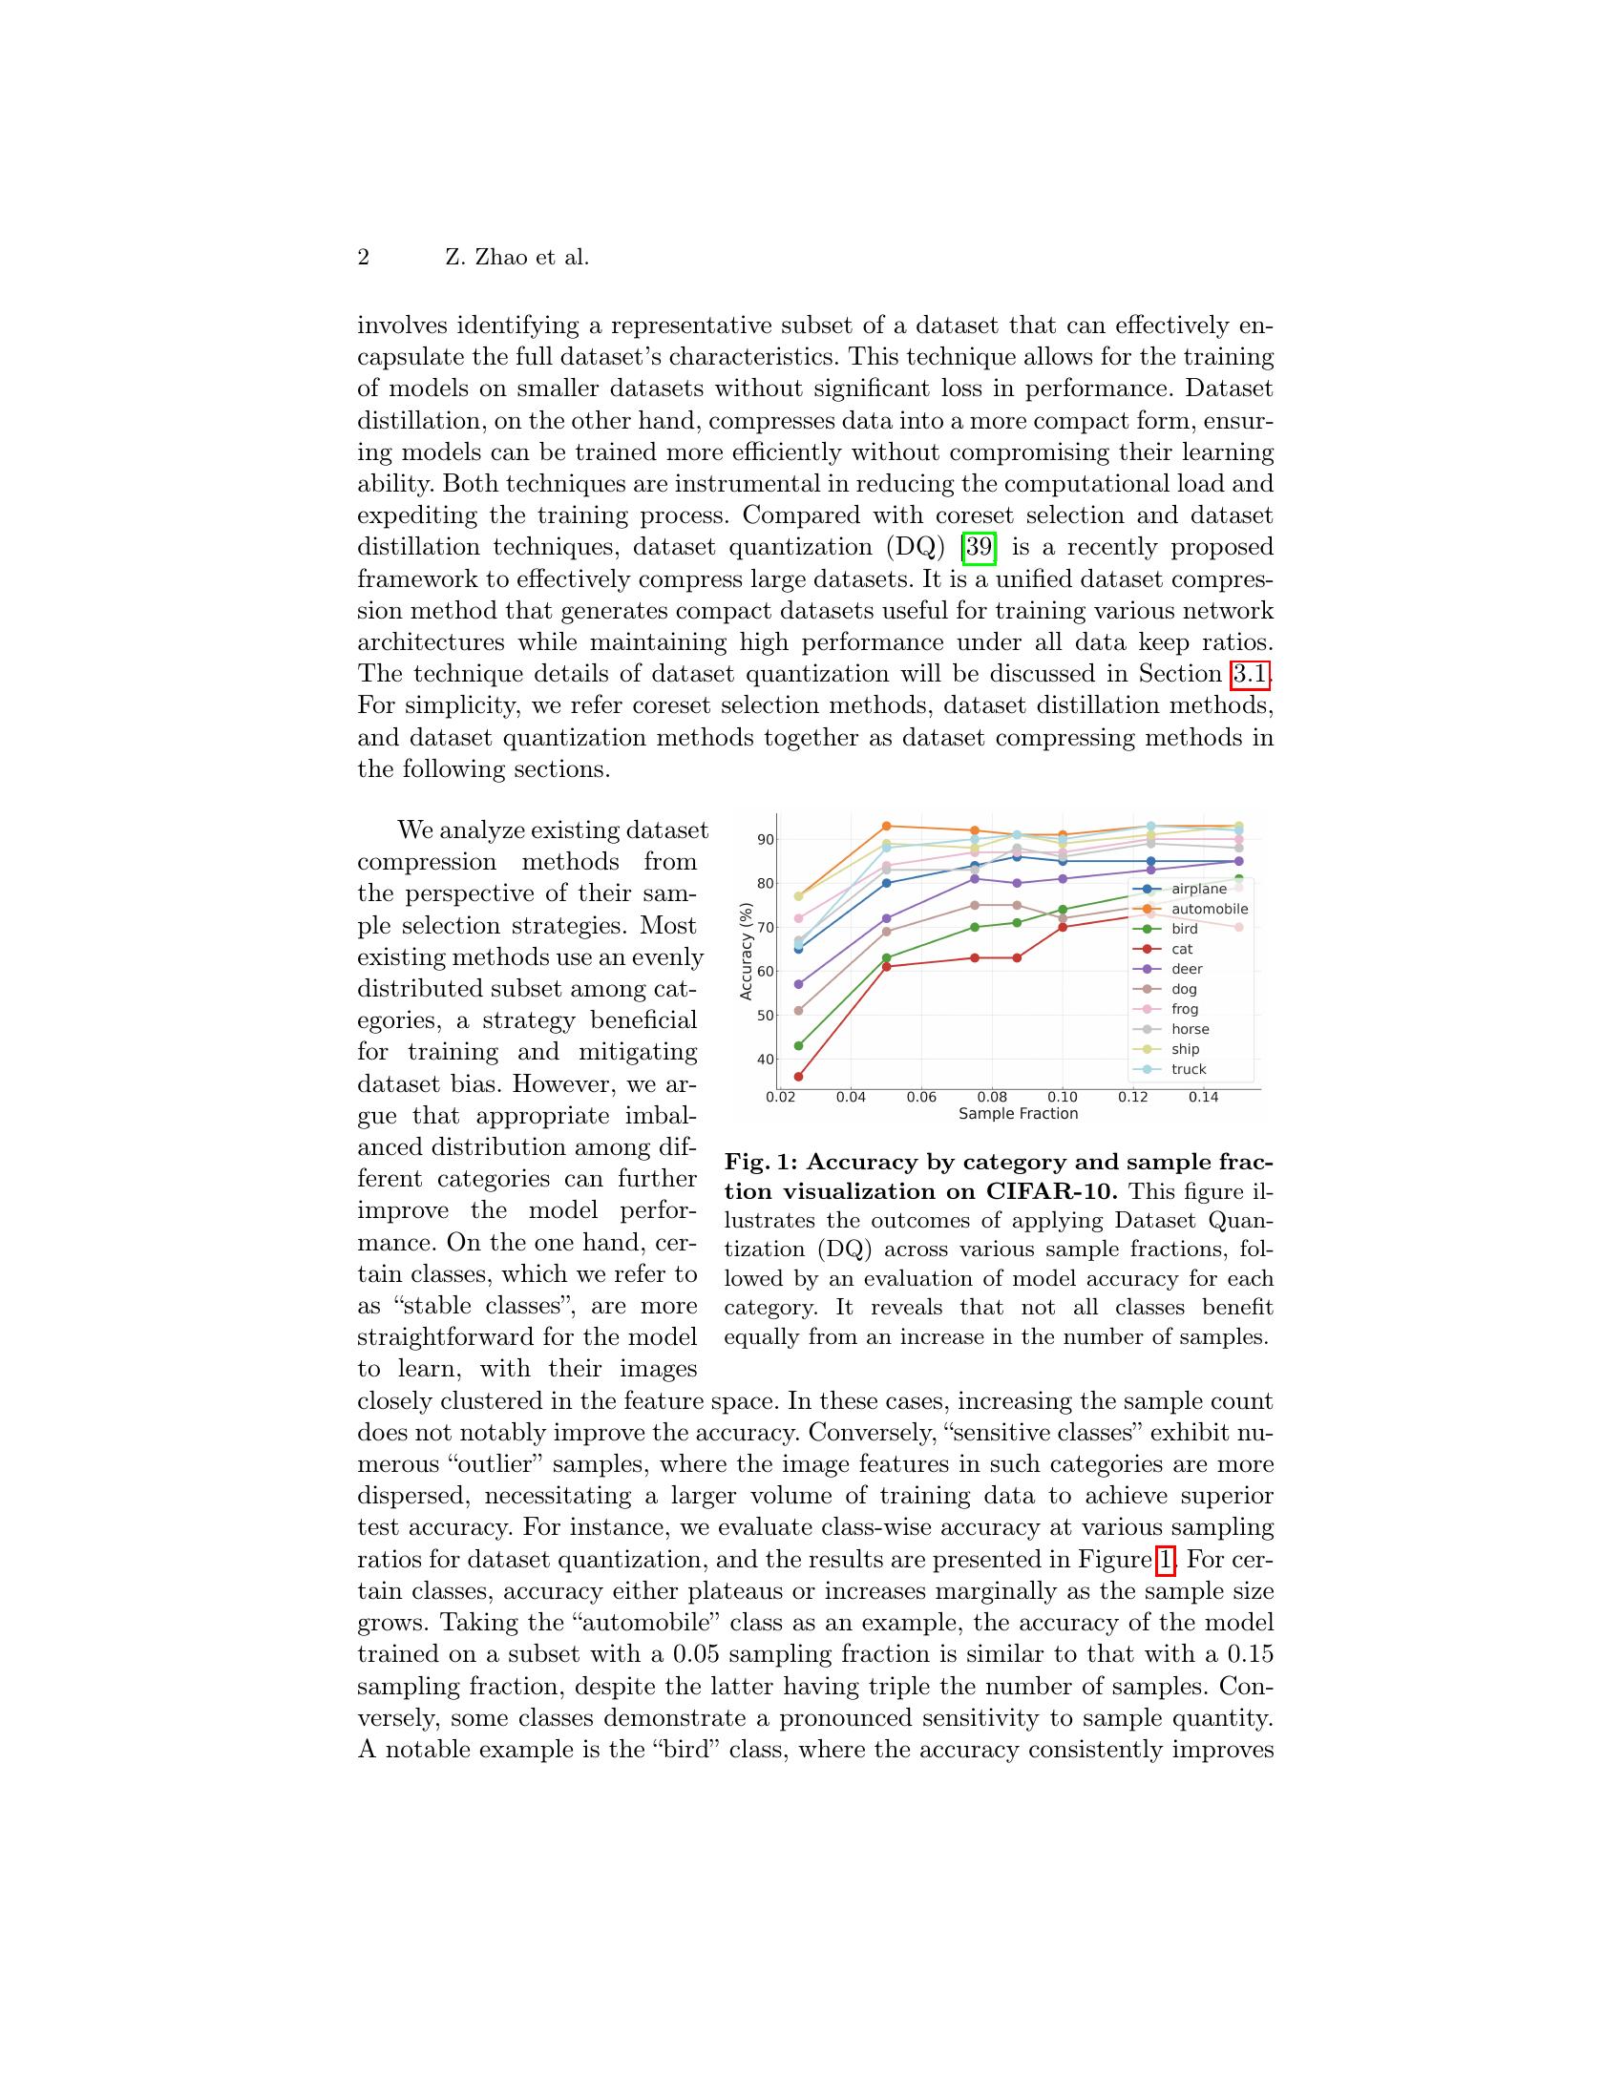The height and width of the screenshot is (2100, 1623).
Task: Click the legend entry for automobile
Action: coord(1209,909)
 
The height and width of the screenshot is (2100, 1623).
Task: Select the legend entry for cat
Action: coord(1182,949)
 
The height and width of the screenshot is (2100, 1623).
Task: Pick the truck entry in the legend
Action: coord(1189,1069)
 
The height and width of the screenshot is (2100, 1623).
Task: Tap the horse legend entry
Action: coord(1190,1029)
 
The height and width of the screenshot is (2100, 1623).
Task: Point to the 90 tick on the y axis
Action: coord(766,839)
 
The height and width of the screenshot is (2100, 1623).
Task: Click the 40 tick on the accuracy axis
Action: coord(766,1060)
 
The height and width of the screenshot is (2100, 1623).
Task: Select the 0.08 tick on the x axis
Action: coord(992,1097)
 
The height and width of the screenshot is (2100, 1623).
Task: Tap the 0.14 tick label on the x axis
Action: coord(1204,1097)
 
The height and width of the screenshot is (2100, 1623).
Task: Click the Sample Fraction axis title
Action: coord(1019,1114)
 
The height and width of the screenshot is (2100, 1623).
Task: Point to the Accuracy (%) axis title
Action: coord(747,951)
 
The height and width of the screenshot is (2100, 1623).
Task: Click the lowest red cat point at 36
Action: coord(798,1077)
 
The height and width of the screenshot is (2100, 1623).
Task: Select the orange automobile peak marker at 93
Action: coord(887,826)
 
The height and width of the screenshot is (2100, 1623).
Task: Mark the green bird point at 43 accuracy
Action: coord(798,1045)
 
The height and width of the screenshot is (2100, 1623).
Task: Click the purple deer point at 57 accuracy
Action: coord(798,983)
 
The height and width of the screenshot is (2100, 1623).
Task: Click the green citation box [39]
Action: coord(979,547)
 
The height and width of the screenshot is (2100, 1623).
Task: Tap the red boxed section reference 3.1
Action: coord(1249,674)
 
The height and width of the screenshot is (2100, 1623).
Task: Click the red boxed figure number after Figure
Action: coord(1165,1559)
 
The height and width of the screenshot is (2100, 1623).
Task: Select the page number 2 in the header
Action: coord(364,258)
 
